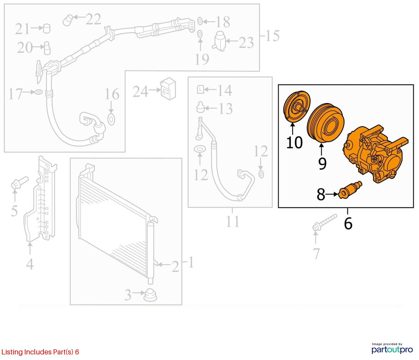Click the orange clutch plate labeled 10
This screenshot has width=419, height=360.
[x=296, y=107]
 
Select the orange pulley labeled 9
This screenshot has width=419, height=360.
[x=325, y=123]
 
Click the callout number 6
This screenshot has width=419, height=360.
[x=348, y=223]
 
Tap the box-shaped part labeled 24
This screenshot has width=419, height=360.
[x=168, y=89]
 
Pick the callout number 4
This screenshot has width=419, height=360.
[x=29, y=264]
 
